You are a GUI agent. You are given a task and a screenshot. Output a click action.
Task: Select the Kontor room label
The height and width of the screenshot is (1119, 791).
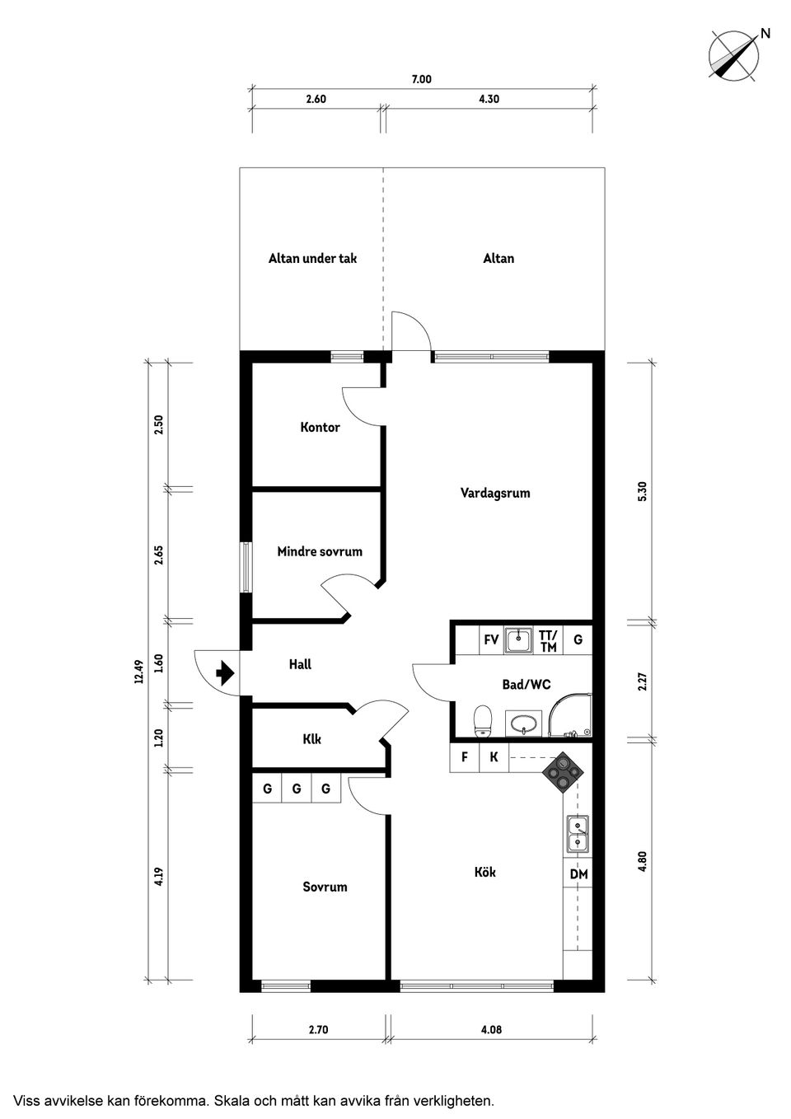click(320, 427)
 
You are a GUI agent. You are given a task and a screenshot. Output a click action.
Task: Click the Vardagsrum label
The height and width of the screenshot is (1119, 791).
click(495, 493)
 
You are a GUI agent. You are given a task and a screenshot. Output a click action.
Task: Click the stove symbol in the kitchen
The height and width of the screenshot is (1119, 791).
click(564, 773)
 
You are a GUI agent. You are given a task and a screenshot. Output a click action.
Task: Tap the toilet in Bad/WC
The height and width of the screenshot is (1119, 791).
click(482, 721)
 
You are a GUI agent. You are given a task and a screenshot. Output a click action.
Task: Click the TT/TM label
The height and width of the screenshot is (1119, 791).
click(548, 641)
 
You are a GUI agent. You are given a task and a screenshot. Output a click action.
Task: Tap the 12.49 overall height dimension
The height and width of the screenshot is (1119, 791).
click(139, 672)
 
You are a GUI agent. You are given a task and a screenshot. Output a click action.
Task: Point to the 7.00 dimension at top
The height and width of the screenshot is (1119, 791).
click(422, 79)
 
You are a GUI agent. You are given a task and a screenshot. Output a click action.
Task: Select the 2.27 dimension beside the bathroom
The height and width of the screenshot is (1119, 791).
click(642, 681)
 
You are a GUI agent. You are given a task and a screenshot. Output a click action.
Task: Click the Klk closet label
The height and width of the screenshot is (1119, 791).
click(312, 739)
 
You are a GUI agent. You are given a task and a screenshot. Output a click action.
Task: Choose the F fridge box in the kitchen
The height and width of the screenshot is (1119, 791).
click(465, 757)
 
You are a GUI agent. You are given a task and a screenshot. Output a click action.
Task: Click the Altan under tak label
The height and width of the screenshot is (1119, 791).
click(312, 258)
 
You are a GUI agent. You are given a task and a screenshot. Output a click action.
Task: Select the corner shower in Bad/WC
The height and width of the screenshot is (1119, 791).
click(570, 715)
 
